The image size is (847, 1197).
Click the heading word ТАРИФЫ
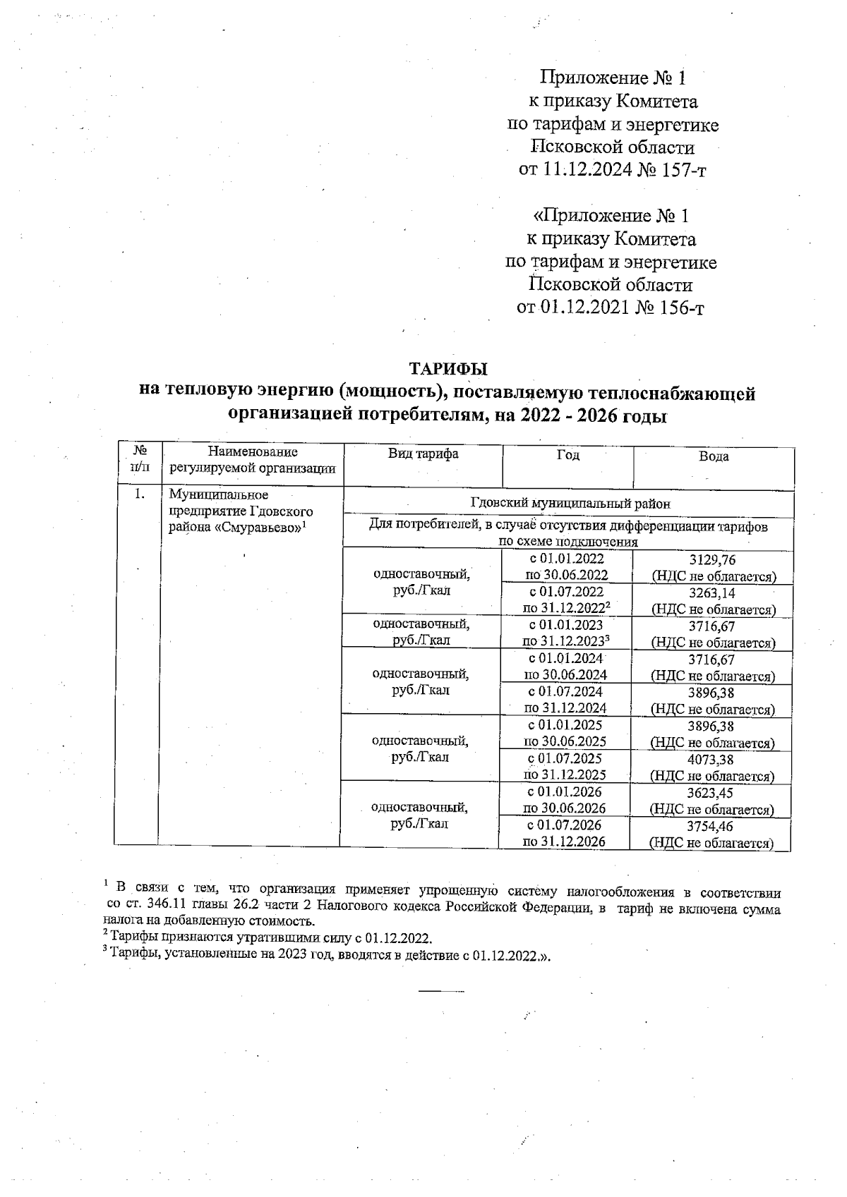pyautogui.click(x=449, y=369)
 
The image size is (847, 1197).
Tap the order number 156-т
pyautogui.click(x=680, y=308)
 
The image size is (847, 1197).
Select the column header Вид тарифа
pyautogui.click(x=423, y=454)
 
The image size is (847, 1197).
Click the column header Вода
pyautogui.click(x=714, y=456)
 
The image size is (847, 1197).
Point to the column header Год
pyautogui.click(x=567, y=455)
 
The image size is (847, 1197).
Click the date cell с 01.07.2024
pyautogui.click(x=565, y=692)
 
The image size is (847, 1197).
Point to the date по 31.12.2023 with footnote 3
pyautogui.click(x=565, y=642)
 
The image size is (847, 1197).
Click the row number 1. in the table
pyautogui.click(x=140, y=495)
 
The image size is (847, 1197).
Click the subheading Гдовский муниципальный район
pyautogui.click(x=570, y=504)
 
